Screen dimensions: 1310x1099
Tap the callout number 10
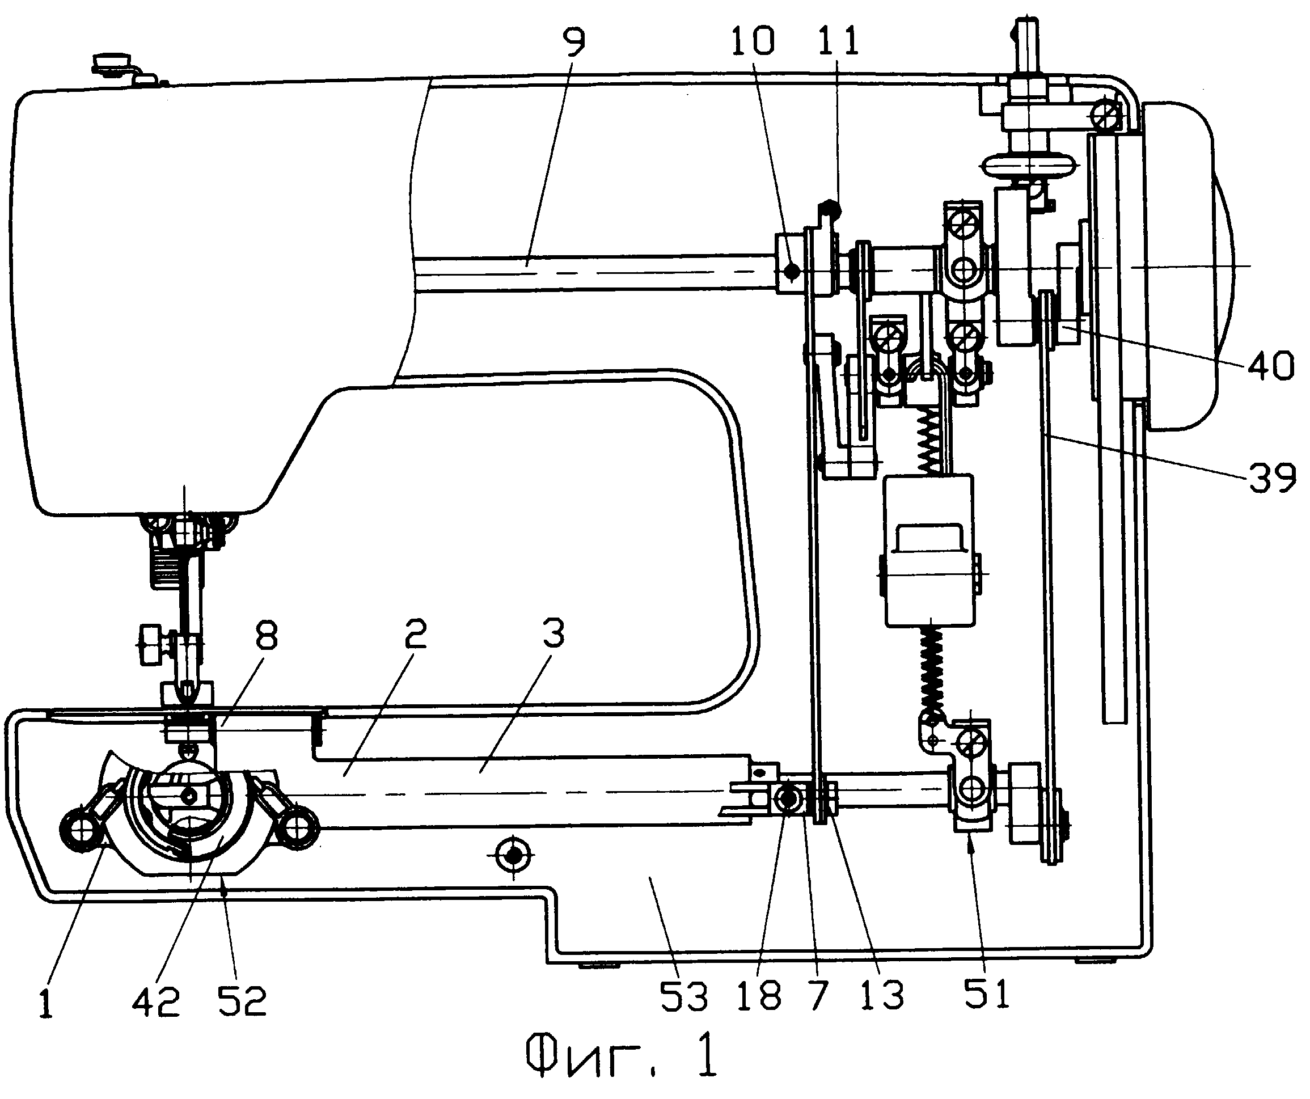click(x=753, y=40)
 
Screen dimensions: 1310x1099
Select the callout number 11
click(x=837, y=40)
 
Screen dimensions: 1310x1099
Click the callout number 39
click(x=1271, y=479)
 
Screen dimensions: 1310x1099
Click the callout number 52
click(x=242, y=1001)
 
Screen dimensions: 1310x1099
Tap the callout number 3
click(x=553, y=633)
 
